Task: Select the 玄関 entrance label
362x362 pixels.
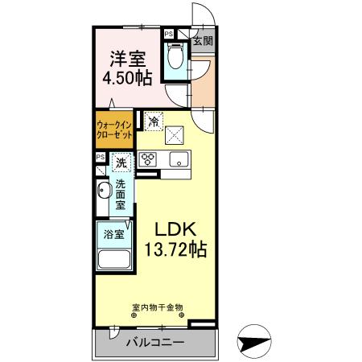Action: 202,41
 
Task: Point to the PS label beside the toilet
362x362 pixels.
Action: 169,35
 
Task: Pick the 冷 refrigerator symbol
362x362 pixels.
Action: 155,122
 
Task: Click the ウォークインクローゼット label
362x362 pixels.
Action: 114,130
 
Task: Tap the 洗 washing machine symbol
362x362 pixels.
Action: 121,163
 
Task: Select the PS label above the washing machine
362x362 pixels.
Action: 100,158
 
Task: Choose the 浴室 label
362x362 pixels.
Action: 113,235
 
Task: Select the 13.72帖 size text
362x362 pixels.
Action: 174,249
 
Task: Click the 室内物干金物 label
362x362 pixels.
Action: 158,306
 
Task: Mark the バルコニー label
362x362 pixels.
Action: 155,343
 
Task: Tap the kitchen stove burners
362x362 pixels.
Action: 148,158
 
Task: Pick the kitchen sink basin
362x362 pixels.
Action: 176,157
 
